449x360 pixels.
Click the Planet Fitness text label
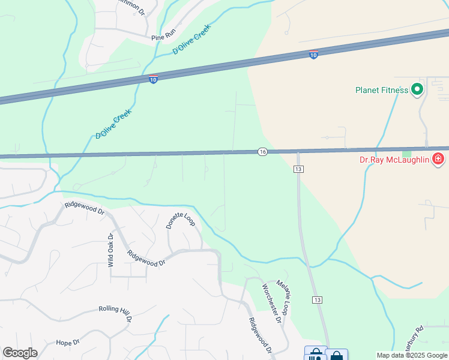click(381, 91)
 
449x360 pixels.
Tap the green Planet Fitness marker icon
click(417, 91)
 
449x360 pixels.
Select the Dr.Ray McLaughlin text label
click(393, 160)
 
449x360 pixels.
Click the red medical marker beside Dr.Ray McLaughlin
click(438, 160)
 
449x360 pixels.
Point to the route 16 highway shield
click(262, 152)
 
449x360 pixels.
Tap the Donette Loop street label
click(181, 220)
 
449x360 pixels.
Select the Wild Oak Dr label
click(110, 250)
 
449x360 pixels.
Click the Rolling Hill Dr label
click(115, 313)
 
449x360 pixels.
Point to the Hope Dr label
click(68, 343)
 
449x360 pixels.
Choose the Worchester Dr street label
click(271, 302)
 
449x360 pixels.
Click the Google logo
click(20, 353)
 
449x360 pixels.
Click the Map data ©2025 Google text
click(411, 355)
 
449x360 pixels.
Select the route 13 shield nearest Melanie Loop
click(317, 299)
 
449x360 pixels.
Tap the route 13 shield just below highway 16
click(298, 170)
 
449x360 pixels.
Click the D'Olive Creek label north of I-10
click(191, 40)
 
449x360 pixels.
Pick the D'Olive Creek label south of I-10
click(113, 124)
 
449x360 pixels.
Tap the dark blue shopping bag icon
click(336, 356)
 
